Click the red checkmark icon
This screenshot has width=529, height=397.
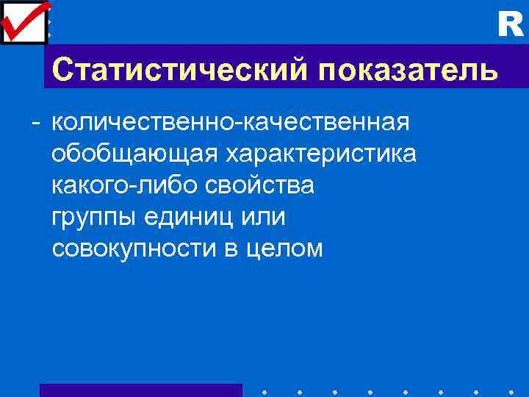24,20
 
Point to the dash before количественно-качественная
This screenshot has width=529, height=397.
35,122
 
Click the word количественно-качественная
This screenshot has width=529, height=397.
231,122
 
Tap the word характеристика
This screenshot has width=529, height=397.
320,154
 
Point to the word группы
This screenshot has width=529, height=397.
91,218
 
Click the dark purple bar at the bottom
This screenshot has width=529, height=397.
140,390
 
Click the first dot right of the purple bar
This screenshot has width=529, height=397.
264,392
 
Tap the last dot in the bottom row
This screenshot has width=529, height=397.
511,392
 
